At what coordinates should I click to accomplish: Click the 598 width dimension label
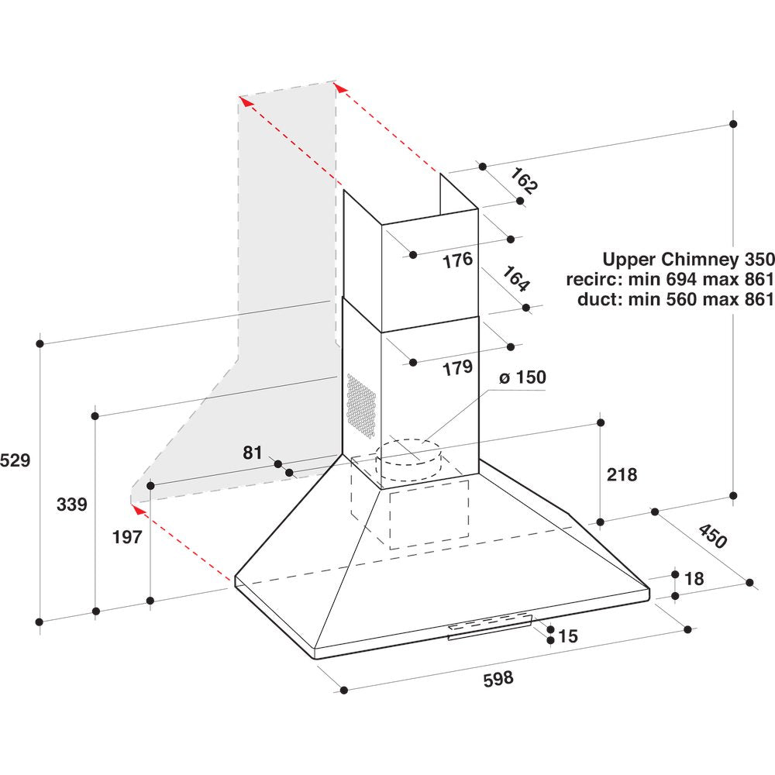click(498, 679)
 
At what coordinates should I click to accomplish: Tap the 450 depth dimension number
click(713, 536)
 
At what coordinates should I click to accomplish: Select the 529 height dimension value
click(15, 460)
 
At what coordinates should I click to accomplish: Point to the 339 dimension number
click(72, 505)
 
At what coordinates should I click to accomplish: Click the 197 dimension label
click(127, 536)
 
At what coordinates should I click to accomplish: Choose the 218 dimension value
click(622, 474)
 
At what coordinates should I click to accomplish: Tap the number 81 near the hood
click(253, 453)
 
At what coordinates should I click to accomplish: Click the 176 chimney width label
click(457, 260)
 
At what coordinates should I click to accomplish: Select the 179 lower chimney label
click(457, 368)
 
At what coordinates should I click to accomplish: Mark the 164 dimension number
click(516, 279)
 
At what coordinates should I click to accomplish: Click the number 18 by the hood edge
click(694, 579)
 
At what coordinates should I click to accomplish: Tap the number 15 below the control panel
click(567, 636)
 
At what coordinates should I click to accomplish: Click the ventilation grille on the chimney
click(361, 403)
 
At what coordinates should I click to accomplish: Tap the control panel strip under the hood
click(490, 626)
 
